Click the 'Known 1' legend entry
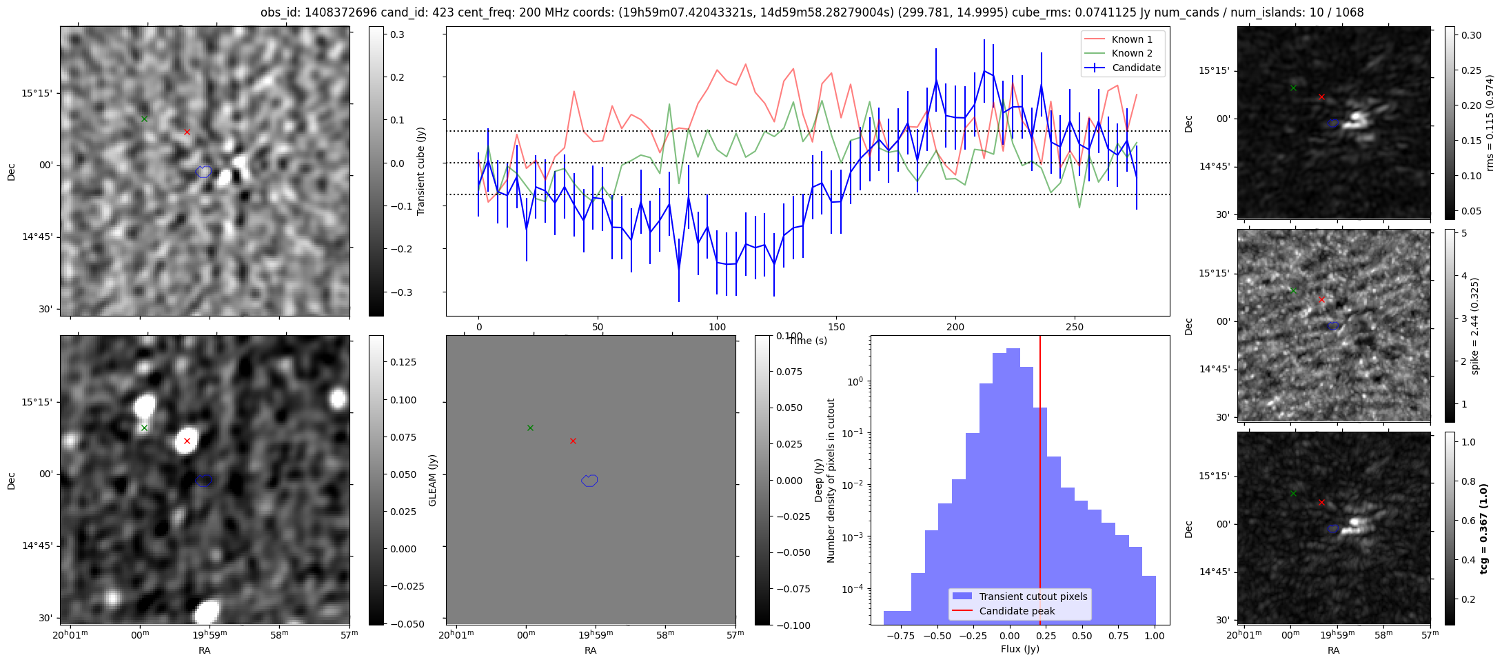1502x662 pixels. [x=1131, y=39]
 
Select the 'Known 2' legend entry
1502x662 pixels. [x=1131, y=53]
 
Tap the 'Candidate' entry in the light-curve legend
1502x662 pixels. [x=1136, y=68]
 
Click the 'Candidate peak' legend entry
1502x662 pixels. [x=1017, y=611]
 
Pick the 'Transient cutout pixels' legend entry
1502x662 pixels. [x=1033, y=596]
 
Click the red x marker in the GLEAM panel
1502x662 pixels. [x=573, y=441]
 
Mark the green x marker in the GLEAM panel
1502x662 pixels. [x=530, y=428]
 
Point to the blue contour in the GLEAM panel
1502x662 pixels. [x=589, y=481]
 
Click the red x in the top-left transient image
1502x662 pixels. [x=187, y=132]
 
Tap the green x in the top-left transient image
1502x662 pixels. [x=144, y=119]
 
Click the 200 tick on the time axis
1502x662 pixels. [x=955, y=327]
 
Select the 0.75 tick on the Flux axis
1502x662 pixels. [x=1118, y=636]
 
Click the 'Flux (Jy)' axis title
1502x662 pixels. [x=1019, y=649]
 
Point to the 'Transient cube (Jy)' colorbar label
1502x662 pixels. [x=420, y=171]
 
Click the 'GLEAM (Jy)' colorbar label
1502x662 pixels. [x=433, y=480]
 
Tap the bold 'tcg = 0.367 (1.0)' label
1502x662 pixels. [x=1484, y=528]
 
